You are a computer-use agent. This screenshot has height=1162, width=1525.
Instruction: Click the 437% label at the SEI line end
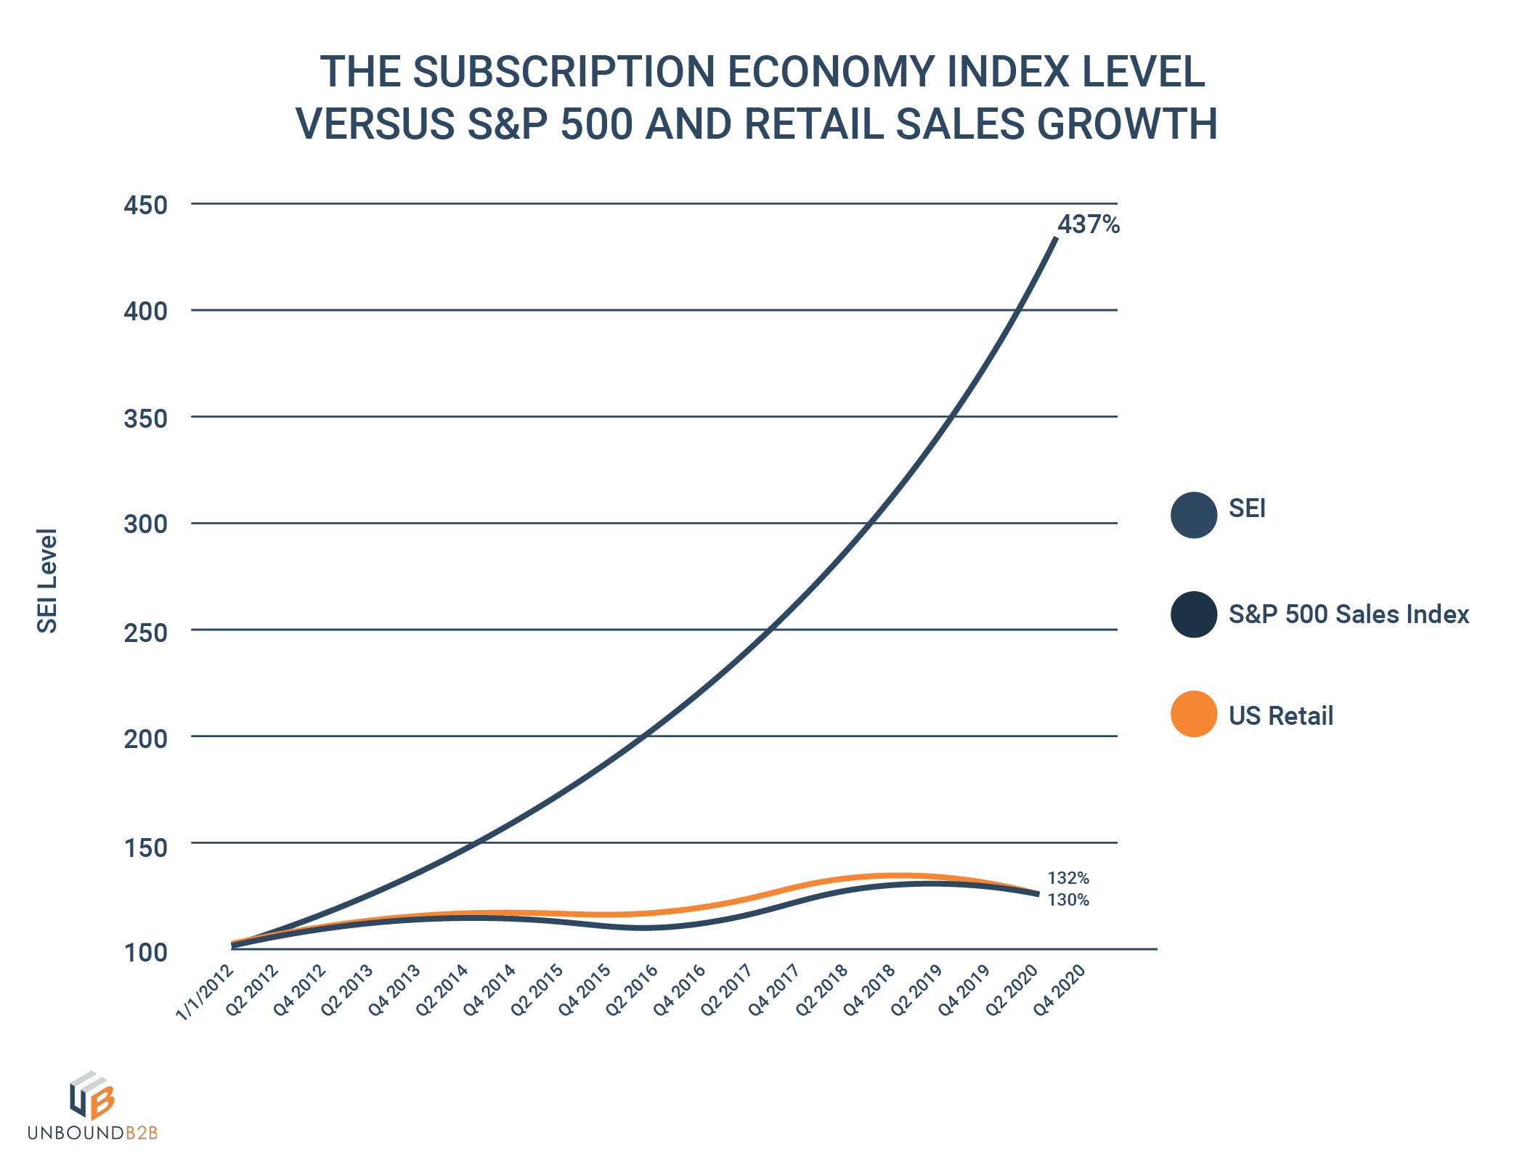click(x=1088, y=224)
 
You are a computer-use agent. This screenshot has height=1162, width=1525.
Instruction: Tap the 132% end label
click(x=1067, y=878)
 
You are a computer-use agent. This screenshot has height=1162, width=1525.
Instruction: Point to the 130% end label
click(x=1067, y=900)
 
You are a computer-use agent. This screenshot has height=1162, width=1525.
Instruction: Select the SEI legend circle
click(x=1193, y=515)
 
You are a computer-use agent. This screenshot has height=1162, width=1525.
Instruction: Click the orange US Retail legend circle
click(x=1193, y=714)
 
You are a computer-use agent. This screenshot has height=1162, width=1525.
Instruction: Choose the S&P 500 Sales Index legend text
click(x=1349, y=614)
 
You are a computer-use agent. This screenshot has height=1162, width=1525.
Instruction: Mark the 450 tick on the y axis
click(x=145, y=205)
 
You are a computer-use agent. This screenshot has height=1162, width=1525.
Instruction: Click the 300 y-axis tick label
click(x=145, y=524)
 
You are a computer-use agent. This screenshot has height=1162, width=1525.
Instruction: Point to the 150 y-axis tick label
click(x=145, y=847)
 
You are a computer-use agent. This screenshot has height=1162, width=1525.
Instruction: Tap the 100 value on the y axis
click(x=145, y=952)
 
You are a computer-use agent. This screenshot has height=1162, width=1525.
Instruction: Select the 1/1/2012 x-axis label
click(x=206, y=992)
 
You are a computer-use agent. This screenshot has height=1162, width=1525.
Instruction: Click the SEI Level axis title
click(x=47, y=581)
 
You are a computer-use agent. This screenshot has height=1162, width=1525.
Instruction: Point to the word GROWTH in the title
click(x=1126, y=123)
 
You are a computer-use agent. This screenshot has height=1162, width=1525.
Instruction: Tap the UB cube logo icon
click(x=91, y=1094)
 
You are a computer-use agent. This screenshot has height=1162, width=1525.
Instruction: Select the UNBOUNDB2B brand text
click(x=92, y=1132)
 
